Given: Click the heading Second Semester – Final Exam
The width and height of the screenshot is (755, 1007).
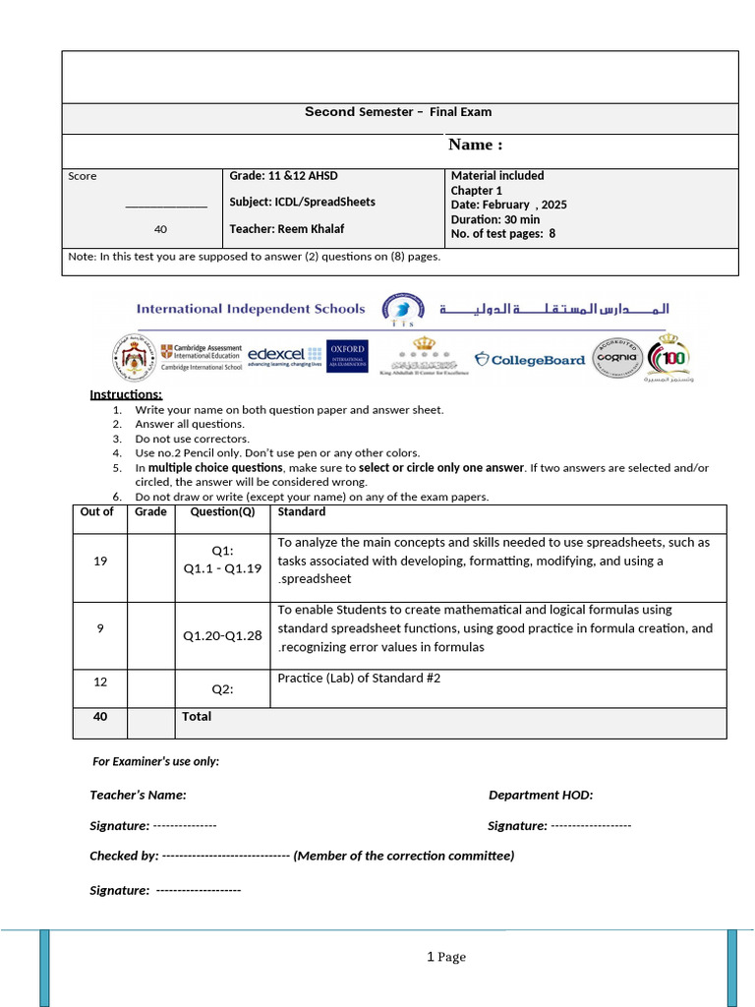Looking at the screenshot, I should [397, 112].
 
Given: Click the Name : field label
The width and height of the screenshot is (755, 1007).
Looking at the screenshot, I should [476, 146].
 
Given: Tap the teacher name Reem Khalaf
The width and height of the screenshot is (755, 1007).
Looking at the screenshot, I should [286, 229].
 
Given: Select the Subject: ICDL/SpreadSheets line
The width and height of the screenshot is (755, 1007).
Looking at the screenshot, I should [302, 202].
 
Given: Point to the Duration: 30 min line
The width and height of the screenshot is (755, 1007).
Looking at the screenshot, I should [494, 219].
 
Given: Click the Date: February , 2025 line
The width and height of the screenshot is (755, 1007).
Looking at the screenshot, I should [508, 205].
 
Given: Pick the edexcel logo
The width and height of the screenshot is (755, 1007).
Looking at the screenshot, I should [284, 356].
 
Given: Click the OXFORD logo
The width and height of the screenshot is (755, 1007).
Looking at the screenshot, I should [347, 357].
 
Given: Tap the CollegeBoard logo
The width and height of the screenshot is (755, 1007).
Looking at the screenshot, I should [530, 360].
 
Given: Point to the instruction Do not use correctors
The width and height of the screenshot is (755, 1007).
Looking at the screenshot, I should [193, 439].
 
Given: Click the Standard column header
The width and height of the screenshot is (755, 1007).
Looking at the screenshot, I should [302, 512].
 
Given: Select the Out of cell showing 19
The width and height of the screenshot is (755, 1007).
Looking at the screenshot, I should [100, 561].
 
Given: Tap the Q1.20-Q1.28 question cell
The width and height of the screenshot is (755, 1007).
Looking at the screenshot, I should [222, 635].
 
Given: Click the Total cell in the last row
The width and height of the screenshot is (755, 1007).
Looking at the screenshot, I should [197, 717].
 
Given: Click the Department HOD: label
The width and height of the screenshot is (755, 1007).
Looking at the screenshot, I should [541, 796].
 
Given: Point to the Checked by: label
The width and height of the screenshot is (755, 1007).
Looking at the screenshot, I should [124, 856].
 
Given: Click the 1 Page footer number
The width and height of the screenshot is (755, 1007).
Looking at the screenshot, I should [446, 957].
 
